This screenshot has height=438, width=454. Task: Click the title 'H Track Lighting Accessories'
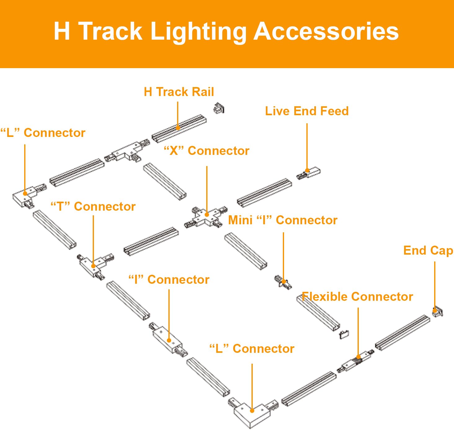click(226, 32)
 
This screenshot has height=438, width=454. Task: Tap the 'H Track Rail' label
click(179, 92)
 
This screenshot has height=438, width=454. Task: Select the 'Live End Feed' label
click(307, 111)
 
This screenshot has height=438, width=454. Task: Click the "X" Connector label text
click(207, 151)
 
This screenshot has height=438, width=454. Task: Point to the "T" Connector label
click(93, 207)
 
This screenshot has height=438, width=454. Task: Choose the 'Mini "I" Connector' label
click(283, 220)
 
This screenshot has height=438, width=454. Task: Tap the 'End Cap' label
click(428, 251)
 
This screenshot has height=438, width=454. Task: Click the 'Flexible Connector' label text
click(357, 297)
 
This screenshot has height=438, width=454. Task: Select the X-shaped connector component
click(206, 216)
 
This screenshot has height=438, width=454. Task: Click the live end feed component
click(309, 173)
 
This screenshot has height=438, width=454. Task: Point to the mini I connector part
click(283, 282)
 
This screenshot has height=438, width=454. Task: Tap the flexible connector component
click(356, 361)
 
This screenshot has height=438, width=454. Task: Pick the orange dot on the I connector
click(169, 340)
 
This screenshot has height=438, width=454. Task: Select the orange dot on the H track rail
click(178, 127)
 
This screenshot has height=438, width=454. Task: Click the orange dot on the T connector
click(93, 266)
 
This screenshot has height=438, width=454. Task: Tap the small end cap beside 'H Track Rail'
click(219, 108)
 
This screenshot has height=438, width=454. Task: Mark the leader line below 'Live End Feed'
click(307, 146)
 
